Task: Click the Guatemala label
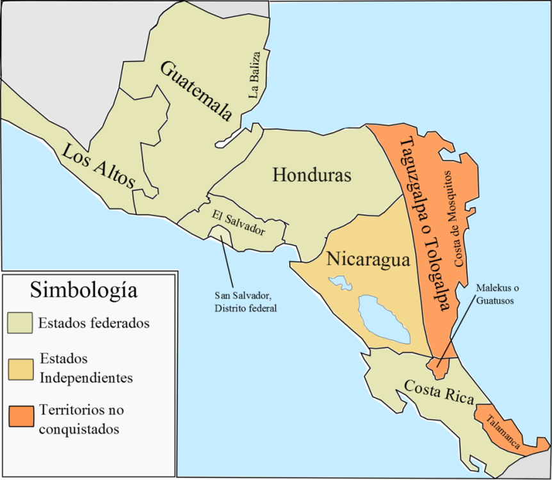195,90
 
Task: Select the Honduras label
312,175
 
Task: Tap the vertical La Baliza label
257,74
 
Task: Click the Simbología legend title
84,290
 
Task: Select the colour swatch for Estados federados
20,323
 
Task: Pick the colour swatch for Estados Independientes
20,368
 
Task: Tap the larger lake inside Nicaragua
384,318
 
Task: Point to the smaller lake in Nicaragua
339,282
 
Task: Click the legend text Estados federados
93,323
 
